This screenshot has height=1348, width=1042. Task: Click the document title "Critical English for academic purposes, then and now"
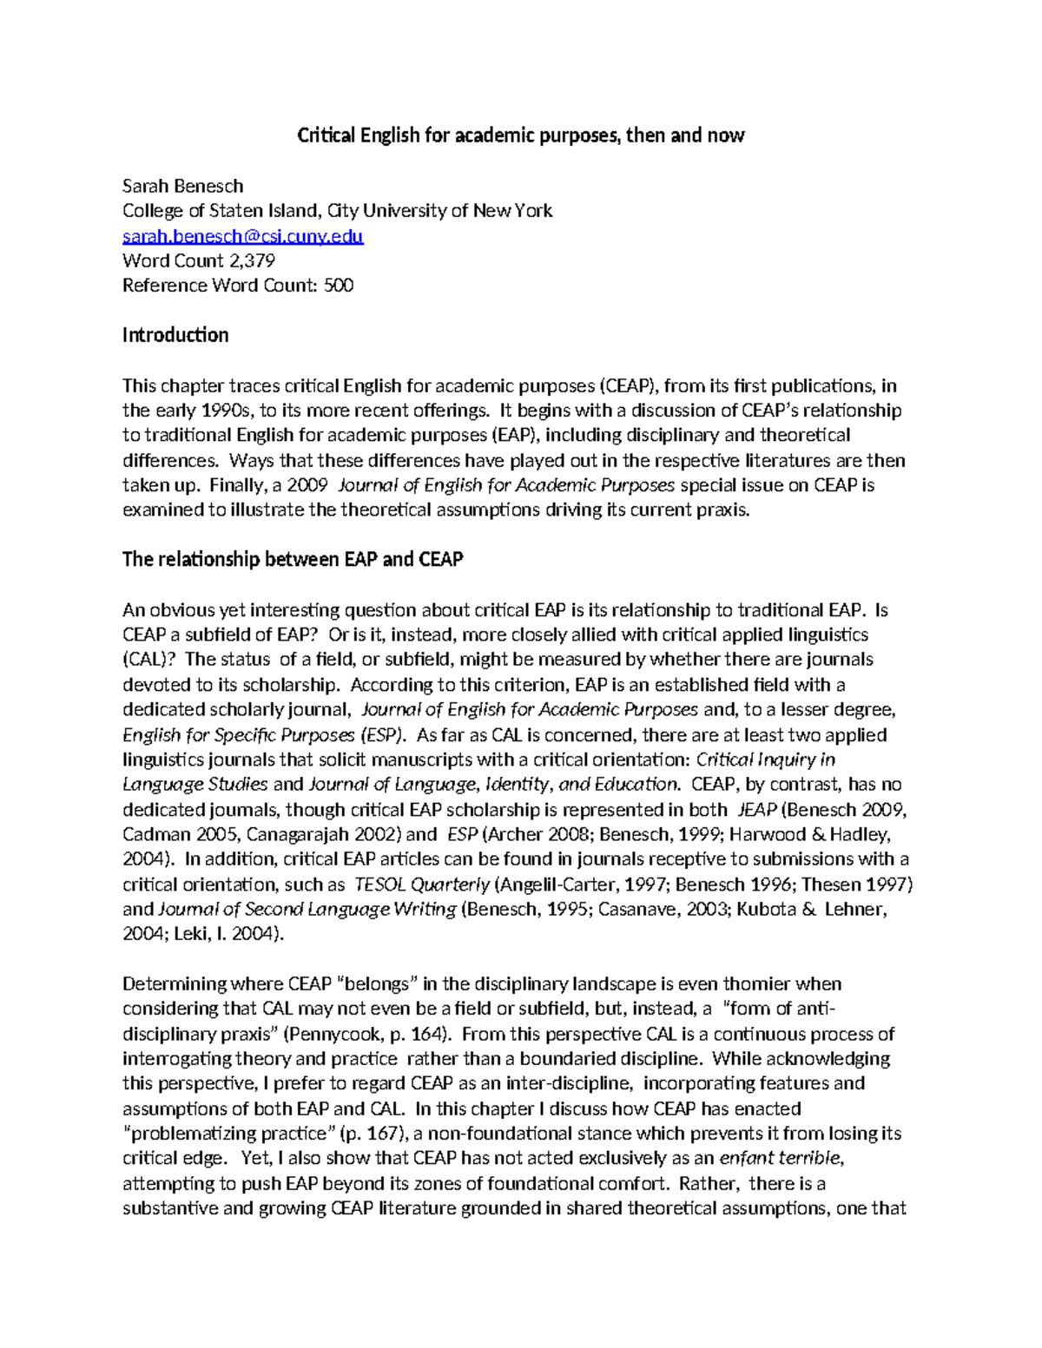[521, 135]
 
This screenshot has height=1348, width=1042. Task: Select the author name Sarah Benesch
[182, 186]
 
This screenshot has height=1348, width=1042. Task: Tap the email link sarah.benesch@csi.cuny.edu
[242, 236]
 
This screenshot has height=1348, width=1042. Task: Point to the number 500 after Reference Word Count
[338, 286]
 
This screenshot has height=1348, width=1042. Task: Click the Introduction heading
[175, 335]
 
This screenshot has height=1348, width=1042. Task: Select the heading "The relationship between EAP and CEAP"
[293, 559]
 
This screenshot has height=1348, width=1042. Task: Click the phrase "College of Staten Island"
[221, 211]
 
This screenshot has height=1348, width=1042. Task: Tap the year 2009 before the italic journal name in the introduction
[306, 485]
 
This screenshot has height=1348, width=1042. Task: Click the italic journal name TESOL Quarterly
[422, 884]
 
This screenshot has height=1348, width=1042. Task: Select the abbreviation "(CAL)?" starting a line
[149, 660]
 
